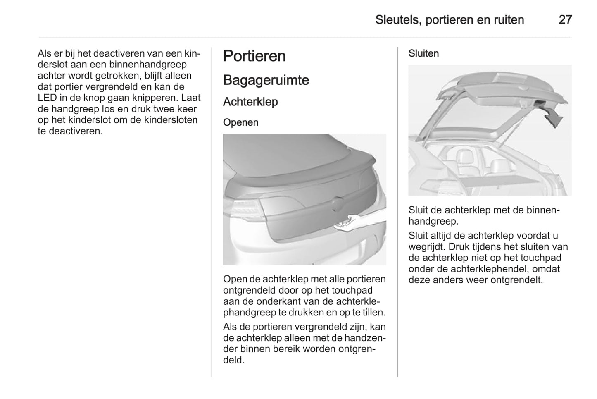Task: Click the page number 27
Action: [x=565, y=20]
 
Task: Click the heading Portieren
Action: [x=254, y=56]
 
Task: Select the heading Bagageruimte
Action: [x=266, y=80]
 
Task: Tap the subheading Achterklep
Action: [x=250, y=102]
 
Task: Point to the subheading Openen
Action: [x=240, y=122]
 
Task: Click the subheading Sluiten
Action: [x=423, y=54]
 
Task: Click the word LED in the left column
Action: [x=47, y=98]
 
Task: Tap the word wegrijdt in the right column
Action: [x=428, y=247]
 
